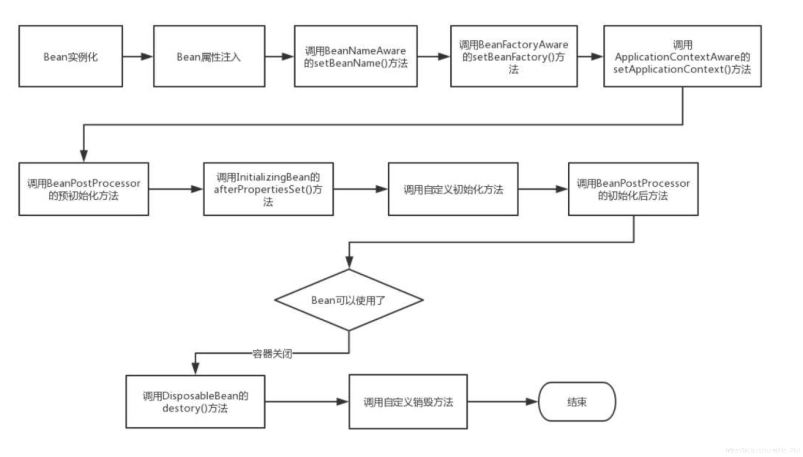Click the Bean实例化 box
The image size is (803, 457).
click(x=71, y=56)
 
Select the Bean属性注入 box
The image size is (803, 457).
click(x=209, y=56)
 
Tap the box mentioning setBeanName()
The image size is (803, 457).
click(x=356, y=56)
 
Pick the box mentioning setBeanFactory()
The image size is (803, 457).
click(x=514, y=56)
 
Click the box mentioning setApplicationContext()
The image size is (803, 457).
click(x=683, y=56)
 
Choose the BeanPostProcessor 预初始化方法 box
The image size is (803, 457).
click(x=84, y=189)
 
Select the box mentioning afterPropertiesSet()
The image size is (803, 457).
click(x=268, y=189)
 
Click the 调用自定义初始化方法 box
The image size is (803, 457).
click(x=453, y=189)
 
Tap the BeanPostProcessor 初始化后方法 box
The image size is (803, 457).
click(x=633, y=189)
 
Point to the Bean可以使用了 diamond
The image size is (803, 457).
click(x=349, y=300)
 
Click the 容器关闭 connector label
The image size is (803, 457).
click(x=272, y=354)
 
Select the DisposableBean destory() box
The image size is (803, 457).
click(x=195, y=402)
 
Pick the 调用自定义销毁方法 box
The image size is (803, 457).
click(x=408, y=402)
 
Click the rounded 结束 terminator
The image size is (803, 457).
click(x=577, y=402)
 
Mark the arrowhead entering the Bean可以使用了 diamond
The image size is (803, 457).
click(x=349, y=262)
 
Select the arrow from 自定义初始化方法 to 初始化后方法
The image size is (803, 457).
click(x=543, y=189)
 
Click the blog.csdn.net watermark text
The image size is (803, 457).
click(x=763, y=450)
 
